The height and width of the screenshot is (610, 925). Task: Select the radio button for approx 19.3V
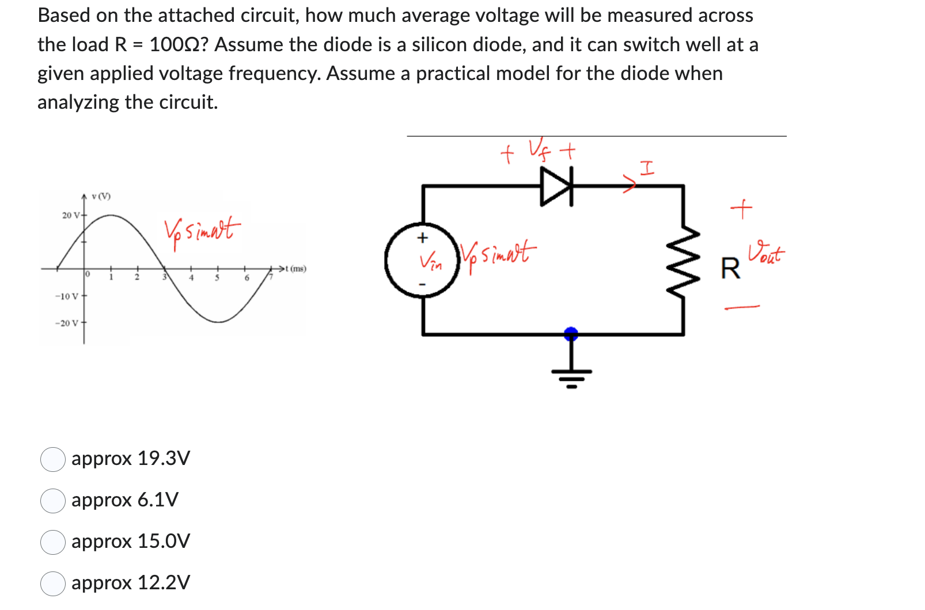click(52, 459)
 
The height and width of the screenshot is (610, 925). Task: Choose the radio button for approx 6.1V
click(52, 501)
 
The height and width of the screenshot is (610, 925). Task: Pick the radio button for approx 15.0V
click(52, 542)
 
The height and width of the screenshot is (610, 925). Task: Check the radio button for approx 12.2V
click(52, 584)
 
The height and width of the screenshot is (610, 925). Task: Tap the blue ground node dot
click(571, 333)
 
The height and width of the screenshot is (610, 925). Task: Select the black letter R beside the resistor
click(730, 268)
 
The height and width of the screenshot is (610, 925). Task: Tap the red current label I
click(647, 169)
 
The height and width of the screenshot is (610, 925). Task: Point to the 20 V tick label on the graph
click(71, 215)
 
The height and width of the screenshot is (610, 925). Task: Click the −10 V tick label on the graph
click(67, 296)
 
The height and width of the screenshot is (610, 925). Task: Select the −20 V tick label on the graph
click(67, 323)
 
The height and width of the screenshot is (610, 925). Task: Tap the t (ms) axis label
click(296, 269)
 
